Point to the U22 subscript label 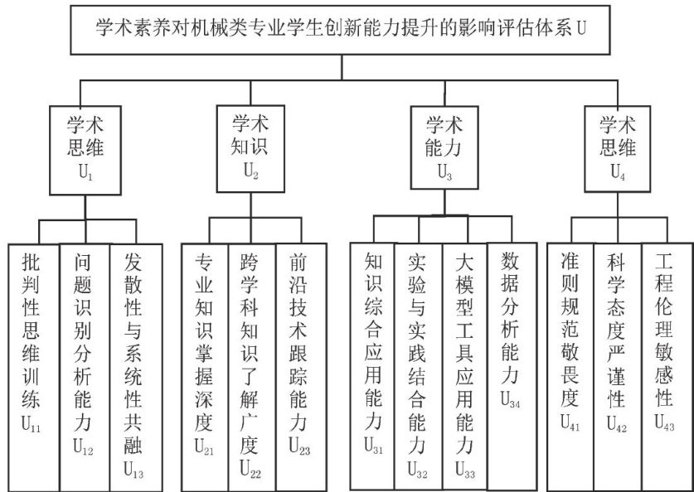point(250,472)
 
